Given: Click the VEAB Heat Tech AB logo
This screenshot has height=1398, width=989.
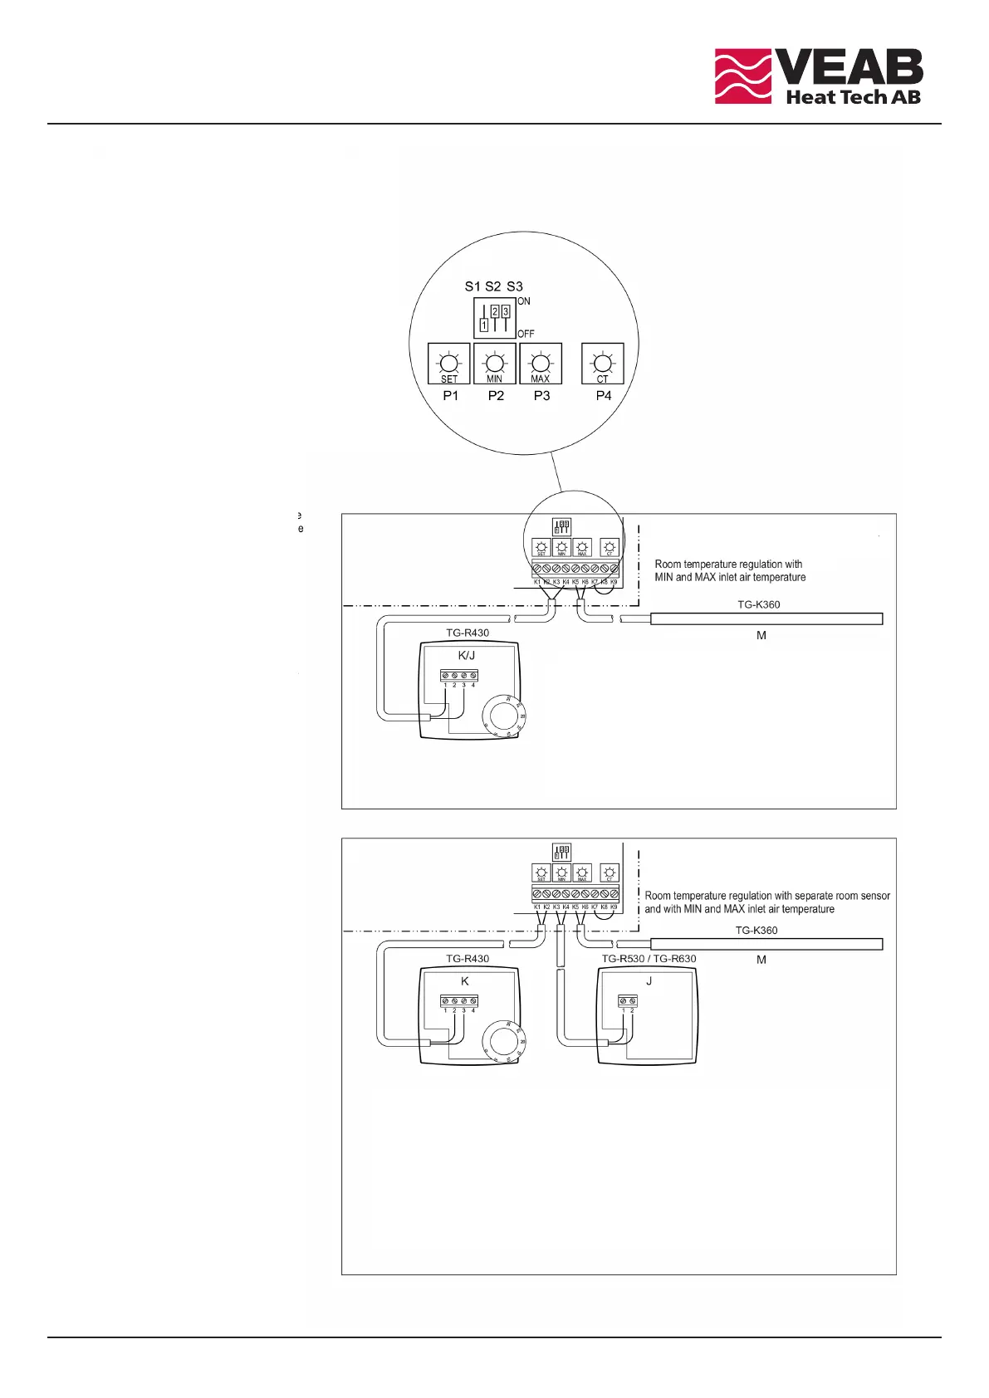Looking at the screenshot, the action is [x=818, y=76].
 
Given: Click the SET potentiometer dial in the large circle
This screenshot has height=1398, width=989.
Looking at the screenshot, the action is [x=448, y=363].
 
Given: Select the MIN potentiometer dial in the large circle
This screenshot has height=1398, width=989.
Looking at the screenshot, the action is [x=494, y=363].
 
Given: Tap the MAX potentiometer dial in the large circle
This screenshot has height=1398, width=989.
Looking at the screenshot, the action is [x=541, y=363].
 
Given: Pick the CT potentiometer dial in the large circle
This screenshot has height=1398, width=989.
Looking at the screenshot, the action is [x=603, y=363].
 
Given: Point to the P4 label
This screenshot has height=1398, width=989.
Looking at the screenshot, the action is [x=604, y=396].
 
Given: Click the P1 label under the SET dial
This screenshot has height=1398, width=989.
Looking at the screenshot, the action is [x=450, y=396].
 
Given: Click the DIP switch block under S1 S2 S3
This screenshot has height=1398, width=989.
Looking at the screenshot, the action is [x=495, y=318].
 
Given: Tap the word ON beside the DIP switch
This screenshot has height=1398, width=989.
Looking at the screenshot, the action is [x=524, y=301].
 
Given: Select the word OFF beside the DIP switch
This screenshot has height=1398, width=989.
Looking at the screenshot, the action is [x=526, y=334].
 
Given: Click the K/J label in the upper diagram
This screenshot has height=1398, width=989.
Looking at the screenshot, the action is [x=467, y=655].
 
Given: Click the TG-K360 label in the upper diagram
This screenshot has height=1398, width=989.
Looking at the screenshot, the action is [x=759, y=604].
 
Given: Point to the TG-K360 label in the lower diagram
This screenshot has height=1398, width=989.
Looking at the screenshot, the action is [x=756, y=930].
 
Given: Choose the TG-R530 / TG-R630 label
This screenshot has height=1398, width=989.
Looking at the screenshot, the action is [x=649, y=959].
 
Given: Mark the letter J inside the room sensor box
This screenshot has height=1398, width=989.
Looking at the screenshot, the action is [x=649, y=980].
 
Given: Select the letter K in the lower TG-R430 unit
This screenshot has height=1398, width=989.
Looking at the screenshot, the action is [x=465, y=980].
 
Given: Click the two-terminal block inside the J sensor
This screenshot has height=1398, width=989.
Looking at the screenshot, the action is [x=628, y=1001].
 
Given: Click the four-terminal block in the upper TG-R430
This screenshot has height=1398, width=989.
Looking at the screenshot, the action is [x=459, y=676].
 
